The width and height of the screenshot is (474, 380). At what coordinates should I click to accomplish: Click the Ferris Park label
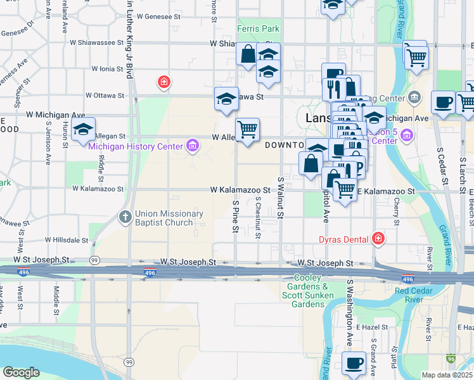258,28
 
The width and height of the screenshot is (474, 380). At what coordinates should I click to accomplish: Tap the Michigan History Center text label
136,147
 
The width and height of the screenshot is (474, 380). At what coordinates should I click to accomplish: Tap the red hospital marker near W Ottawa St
163,82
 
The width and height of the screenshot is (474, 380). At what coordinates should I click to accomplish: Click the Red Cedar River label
417,295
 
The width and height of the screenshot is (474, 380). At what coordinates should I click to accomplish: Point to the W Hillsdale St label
67,241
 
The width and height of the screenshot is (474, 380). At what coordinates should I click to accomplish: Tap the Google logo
21,372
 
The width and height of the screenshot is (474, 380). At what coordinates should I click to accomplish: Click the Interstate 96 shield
451,359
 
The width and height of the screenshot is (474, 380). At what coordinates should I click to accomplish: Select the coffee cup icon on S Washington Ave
354,363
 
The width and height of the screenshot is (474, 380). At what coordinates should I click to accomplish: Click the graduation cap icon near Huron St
83,130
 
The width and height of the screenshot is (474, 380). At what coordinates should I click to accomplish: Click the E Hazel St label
367,327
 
